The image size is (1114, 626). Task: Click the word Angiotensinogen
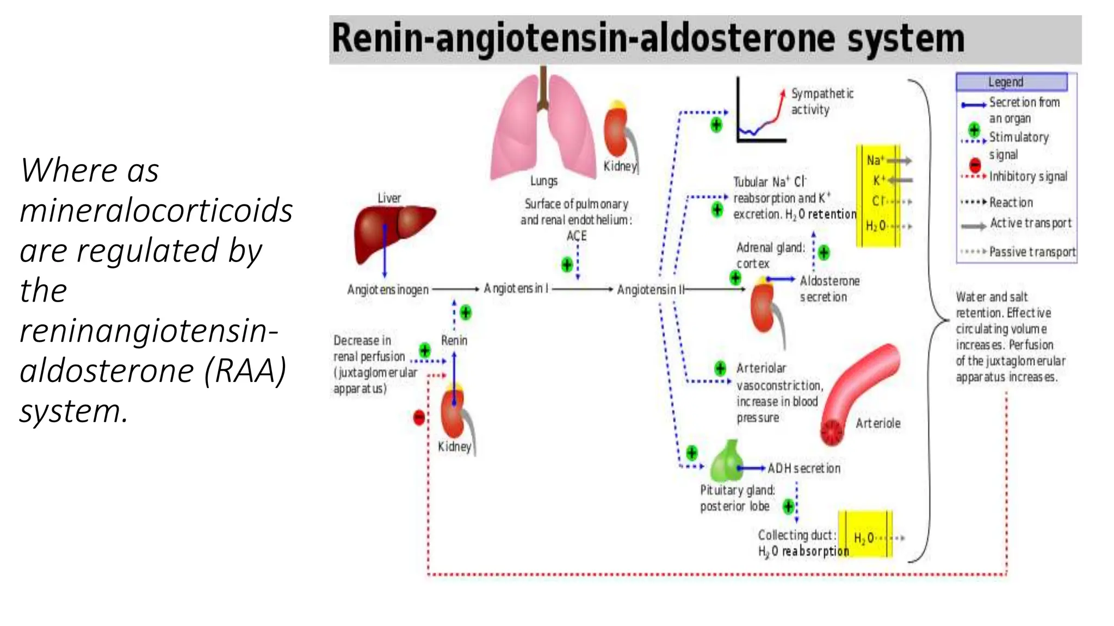pos(388,290)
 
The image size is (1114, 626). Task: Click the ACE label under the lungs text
pos(577,236)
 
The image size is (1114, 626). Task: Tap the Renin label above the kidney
pos(454,341)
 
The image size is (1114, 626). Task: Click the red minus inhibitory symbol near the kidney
pos(419,417)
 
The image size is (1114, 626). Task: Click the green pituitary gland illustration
pos(727,462)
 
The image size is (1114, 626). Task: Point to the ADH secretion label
pos(803,468)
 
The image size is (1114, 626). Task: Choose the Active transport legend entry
pos(1030,223)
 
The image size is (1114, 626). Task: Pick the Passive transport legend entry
pos(1032,252)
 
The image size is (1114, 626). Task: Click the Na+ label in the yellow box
pos(875,160)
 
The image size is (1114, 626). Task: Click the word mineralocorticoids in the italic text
pos(156,210)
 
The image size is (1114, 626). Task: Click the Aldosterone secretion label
pos(829,289)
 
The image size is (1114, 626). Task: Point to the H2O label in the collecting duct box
pos(864,538)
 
